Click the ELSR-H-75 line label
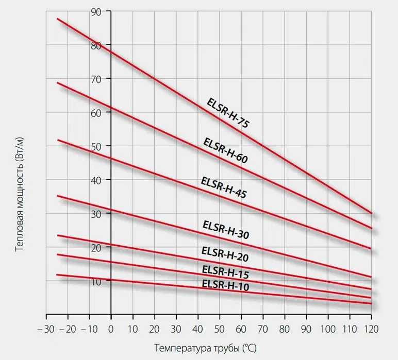[227, 113]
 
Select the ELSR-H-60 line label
[225, 151]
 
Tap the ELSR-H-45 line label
[223, 188]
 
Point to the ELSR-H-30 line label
[226, 230]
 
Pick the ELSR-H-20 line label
[225, 254]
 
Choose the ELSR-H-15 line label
[225, 271]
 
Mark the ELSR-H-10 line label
[225, 285]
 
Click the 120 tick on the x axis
[371, 329]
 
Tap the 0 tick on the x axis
[111, 329]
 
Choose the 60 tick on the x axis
[241, 329]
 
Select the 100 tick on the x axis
[328, 329]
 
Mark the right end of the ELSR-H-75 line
[371, 213]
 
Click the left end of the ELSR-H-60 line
[57, 82]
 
